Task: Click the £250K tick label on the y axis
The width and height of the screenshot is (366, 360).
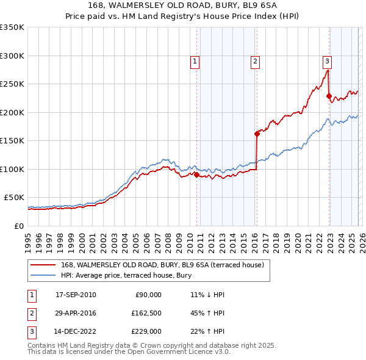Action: [x=12, y=84]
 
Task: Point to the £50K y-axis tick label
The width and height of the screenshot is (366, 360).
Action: [x=15, y=197]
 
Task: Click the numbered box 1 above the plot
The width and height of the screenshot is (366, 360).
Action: [x=195, y=60]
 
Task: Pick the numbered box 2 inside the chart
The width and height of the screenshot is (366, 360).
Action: [x=254, y=60]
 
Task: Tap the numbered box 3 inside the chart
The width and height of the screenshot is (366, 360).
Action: [x=327, y=60]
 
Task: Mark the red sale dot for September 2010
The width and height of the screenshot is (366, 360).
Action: [x=196, y=175]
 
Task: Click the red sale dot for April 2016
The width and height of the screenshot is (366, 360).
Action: [x=257, y=134]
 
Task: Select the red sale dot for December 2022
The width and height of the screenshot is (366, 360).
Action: [x=329, y=96]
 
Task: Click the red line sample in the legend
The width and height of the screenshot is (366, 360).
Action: [x=43, y=265]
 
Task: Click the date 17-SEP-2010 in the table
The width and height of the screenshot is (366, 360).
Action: [x=76, y=295]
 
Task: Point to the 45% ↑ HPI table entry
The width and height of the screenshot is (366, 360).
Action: [x=207, y=313]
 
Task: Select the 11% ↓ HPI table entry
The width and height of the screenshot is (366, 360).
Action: [x=207, y=295]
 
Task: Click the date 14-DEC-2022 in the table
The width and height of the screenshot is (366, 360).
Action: [x=76, y=331]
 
